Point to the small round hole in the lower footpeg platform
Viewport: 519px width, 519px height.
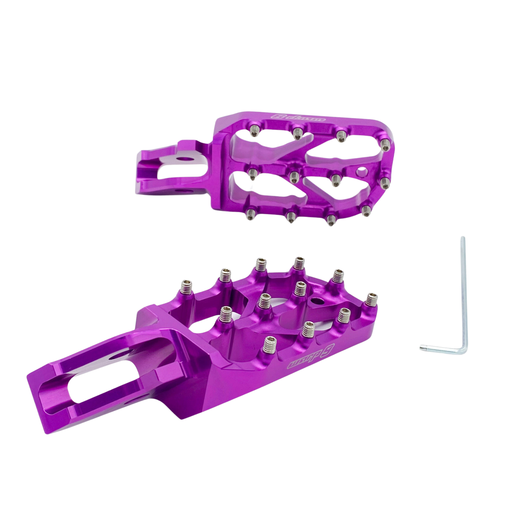318,300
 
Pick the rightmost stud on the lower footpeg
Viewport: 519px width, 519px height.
372,298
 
